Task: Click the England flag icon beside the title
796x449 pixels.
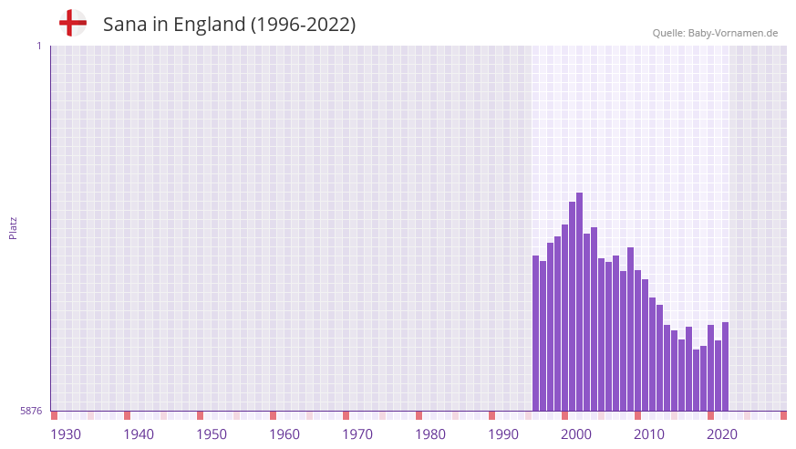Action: coord(73,24)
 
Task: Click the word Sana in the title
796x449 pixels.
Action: coord(125,25)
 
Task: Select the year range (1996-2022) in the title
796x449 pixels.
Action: coord(303,25)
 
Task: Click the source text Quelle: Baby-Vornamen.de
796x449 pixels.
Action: coord(715,33)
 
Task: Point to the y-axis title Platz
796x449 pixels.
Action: coord(13,227)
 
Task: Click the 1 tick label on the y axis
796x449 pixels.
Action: coord(38,46)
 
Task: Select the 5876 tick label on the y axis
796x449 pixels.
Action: coord(31,411)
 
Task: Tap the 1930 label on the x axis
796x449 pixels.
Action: coord(66,433)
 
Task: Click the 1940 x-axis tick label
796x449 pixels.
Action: coord(139,433)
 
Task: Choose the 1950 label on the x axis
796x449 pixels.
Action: coord(212,433)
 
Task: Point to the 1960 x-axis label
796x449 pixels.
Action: coord(284,433)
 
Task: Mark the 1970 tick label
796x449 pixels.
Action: coord(357,433)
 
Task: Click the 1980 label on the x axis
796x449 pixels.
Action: coord(430,433)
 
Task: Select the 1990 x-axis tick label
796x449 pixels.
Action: coord(503,433)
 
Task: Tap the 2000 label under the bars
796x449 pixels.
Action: coord(576,433)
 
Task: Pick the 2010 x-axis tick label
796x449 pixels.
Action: coord(649,433)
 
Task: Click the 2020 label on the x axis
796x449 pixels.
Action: coord(722,433)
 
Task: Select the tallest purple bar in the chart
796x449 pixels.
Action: coord(579,301)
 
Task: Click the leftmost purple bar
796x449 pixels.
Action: coord(535,333)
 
